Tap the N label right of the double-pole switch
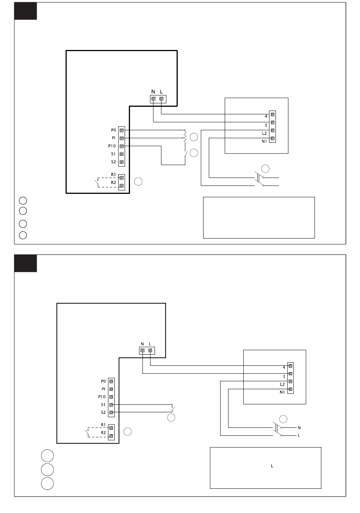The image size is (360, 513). (x=299, y=428)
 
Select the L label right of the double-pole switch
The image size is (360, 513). (x=299, y=435)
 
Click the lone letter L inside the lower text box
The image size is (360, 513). (x=272, y=466)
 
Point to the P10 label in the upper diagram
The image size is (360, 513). (x=112, y=146)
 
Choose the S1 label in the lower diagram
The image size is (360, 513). (x=103, y=405)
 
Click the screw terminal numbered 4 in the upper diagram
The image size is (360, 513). (x=272, y=114)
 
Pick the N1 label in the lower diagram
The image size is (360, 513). (x=282, y=392)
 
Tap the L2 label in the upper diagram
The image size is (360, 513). (x=264, y=133)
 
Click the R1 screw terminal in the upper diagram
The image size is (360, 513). (x=122, y=178)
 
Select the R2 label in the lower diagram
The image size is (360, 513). (x=103, y=432)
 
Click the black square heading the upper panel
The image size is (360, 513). (x=26, y=11)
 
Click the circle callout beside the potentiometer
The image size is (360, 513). (x=194, y=137)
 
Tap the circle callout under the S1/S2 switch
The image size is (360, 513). (x=171, y=418)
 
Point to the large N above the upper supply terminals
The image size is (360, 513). (x=153, y=92)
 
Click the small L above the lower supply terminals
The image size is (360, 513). (x=150, y=344)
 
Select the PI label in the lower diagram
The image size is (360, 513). (x=103, y=389)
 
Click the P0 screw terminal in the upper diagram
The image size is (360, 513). (x=122, y=130)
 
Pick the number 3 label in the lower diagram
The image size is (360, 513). (x=284, y=377)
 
